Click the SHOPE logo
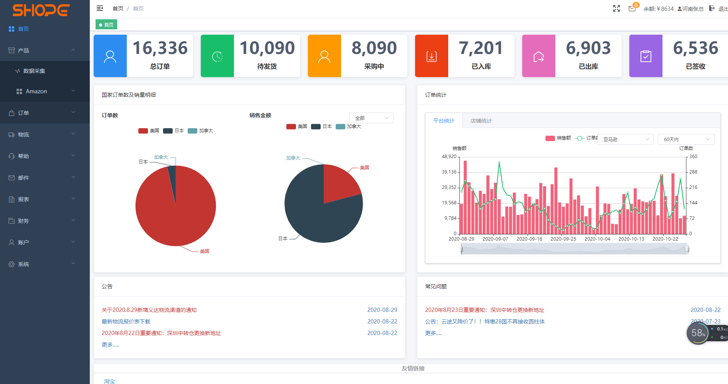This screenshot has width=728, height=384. pyautogui.click(x=41, y=10)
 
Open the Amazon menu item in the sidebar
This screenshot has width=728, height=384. pyautogui.click(x=36, y=91)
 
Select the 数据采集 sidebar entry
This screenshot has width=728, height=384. pyautogui.click(x=34, y=71)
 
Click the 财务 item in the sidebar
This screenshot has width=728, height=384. pyautogui.click(x=24, y=221)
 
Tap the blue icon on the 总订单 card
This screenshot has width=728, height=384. pyautogui.click(x=110, y=56)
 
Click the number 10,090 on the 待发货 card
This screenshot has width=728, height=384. pyautogui.click(x=267, y=48)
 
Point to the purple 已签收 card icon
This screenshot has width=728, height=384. pyautogui.click(x=646, y=56)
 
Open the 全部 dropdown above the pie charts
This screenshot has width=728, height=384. pyautogui.click(x=371, y=118)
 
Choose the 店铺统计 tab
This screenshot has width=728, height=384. pyautogui.click(x=481, y=121)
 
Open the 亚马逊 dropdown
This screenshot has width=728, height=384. pyautogui.click(x=625, y=139)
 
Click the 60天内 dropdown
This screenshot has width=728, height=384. pyautogui.click(x=686, y=139)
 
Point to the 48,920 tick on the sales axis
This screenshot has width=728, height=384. pyautogui.click(x=449, y=157)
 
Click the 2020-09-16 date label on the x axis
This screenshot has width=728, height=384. pyautogui.click(x=529, y=239)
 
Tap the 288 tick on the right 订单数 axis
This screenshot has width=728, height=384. pyautogui.click(x=693, y=172)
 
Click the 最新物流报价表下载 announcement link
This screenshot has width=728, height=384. pyautogui.click(x=126, y=322)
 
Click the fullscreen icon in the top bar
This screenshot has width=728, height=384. pyautogui.click(x=616, y=8)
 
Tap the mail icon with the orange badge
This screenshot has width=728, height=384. pyautogui.click(x=632, y=8)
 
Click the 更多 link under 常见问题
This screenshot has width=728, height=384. pyautogui.click(x=434, y=333)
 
